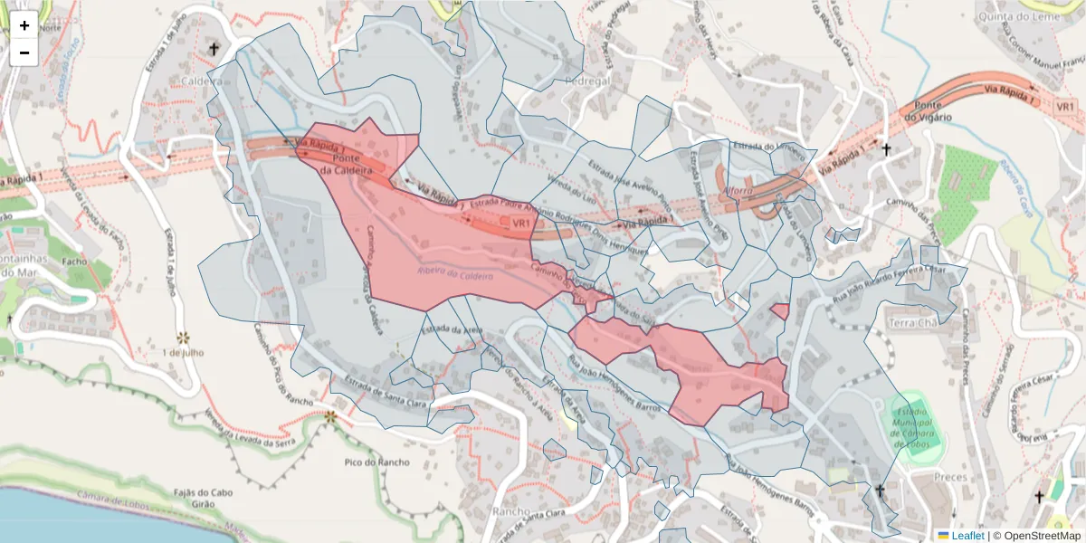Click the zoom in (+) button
pyautogui.click(x=24, y=25)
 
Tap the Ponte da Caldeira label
pyautogui.click(x=341, y=163)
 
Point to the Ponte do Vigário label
pyautogui.click(x=927, y=111)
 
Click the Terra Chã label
pyautogui.click(x=914, y=323)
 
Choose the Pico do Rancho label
pyautogui.click(x=376, y=462)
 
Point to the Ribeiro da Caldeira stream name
pyautogui.click(x=455, y=274)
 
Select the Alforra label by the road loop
pyautogui.click(x=738, y=192)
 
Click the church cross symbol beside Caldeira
pyautogui.click(x=214, y=49)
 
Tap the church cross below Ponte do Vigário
pyautogui.click(x=887, y=150)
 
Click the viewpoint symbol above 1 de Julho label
pyautogui.click(x=184, y=337)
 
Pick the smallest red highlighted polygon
pyautogui.click(x=779, y=311)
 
